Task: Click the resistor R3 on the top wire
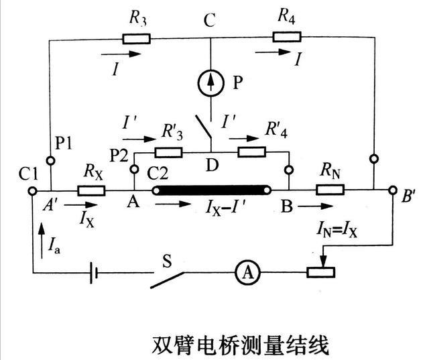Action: pyautogui.click(x=136, y=39)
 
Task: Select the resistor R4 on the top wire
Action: pyautogui.click(x=287, y=37)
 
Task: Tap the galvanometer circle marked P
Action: pyautogui.click(x=210, y=83)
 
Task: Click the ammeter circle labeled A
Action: pyautogui.click(x=248, y=272)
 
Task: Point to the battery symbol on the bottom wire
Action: pyautogui.click(x=94, y=273)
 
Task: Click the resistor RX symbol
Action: pyautogui.click(x=91, y=190)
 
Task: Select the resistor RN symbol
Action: pyautogui.click(x=330, y=189)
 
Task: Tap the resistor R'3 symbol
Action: pyautogui.click(x=168, y=152)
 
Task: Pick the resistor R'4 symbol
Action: pyautogui.click(x=252, y=152)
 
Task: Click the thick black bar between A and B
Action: pyautogui.click(x=212, y=190)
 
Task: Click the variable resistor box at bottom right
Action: pyautogui.click(x=320, y=272)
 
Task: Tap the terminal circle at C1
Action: pyautogui.click(x=32, y=191)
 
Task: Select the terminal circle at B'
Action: pyautogui.click(x=393, y=190)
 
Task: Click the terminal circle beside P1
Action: pyautogui.click(x=51, y=161)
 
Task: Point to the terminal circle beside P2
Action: pyautogui.click(x=134, y=170)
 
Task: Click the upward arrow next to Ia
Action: pyautogui.click(x=42, y=241)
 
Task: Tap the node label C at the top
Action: pyautogui.click(x=210, y=19)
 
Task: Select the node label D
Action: pyautogui.click(x=212, y=165)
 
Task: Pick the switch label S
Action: pyautogui.click(x=167, y=261)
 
